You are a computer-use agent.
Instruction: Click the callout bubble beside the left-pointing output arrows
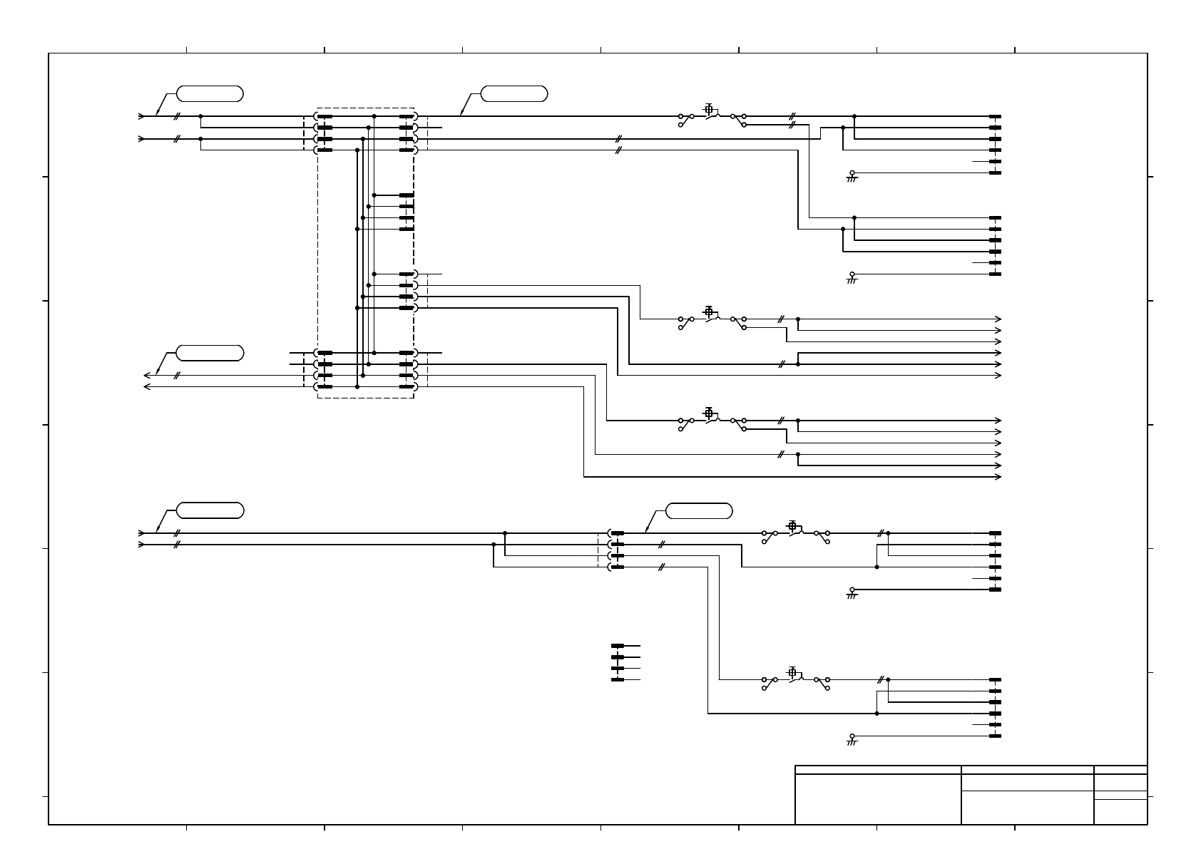(x=210, y=353)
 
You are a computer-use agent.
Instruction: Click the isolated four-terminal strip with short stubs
(x=618, y=663)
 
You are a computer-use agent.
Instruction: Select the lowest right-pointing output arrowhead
(x=998, y=477)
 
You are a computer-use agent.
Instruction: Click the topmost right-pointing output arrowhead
(x=998, y=319)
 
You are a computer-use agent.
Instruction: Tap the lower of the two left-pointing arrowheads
(x=147, y=387)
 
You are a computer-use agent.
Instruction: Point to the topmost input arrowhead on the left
(x=141, y=116)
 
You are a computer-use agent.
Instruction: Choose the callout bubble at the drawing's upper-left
(x=210, y=93)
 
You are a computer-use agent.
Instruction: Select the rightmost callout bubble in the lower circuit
(x=699, y=510)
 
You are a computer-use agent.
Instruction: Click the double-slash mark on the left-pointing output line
(x=175, y=376)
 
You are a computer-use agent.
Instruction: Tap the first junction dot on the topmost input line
(x=200, y=116)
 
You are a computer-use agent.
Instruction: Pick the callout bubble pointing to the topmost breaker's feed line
(x=514, y=93)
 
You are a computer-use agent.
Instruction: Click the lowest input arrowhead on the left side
(x=141, y=545)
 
